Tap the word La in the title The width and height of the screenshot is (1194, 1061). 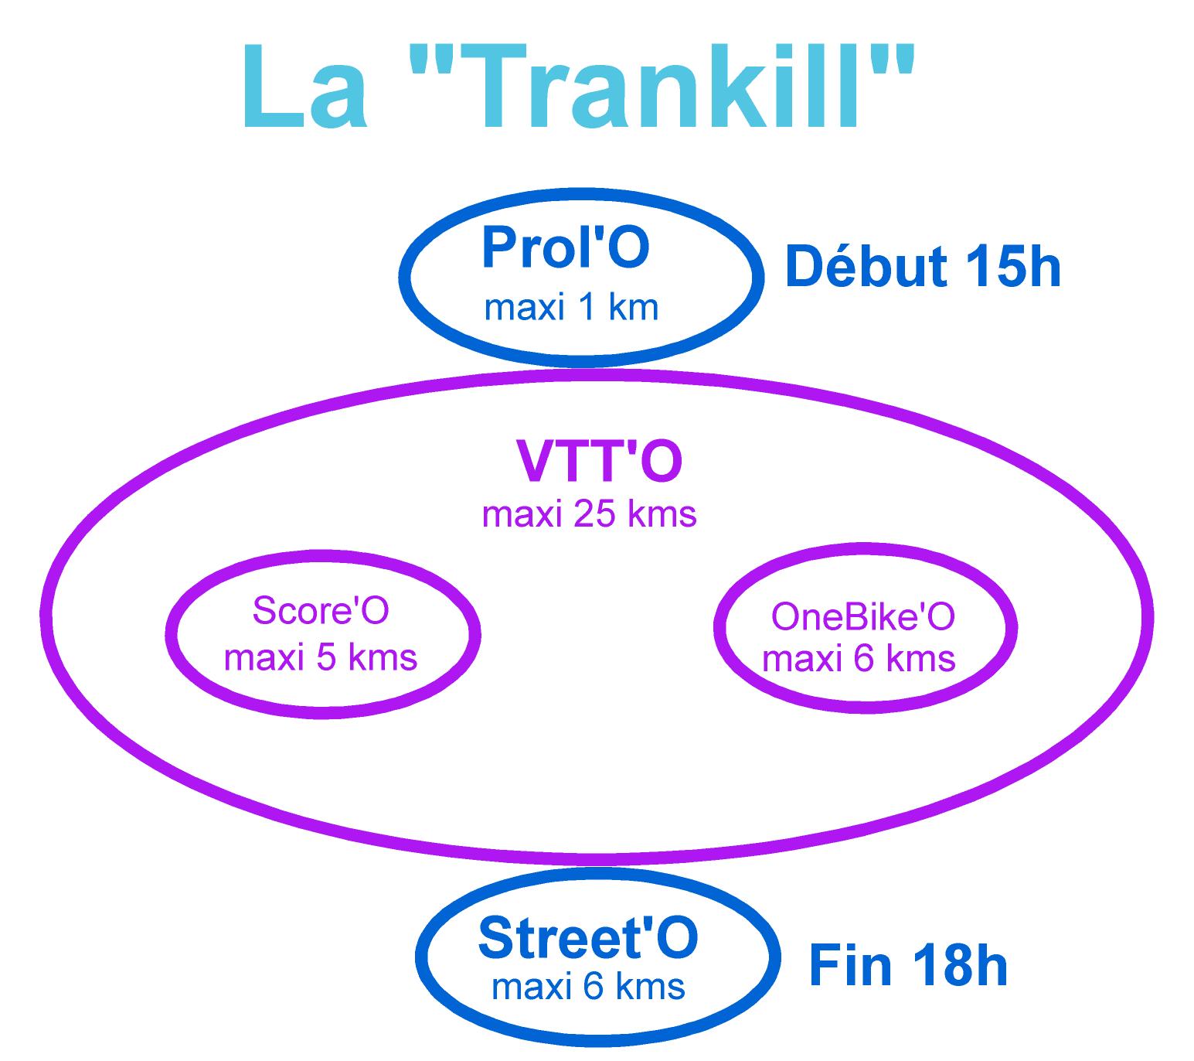[304, 86]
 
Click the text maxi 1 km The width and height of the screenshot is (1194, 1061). [570, 308]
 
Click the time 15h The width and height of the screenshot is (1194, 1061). [1012, 267]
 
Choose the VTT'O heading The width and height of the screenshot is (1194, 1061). [600, 461]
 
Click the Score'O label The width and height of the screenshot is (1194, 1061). [321, 610]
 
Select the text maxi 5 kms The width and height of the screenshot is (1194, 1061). [321, 657]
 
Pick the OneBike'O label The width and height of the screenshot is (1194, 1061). [862, 617]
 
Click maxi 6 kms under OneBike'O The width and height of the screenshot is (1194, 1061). [859, 659]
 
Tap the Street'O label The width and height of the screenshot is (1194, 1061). [587, 938]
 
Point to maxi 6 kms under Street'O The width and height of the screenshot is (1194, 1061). [587, 987]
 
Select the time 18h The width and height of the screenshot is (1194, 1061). [960, 965]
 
